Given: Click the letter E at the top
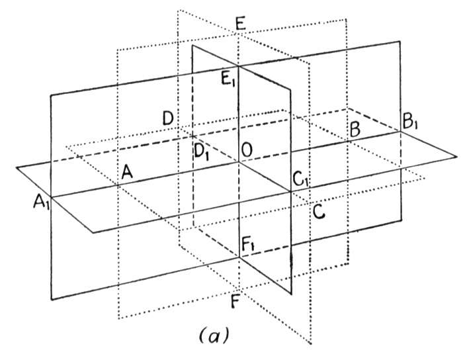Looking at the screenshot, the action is pyautogui.click(x=241, y=24).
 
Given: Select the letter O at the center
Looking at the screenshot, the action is pyautogui.click(x=247, y=150).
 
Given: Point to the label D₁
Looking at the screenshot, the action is pyautogui.click(x=201, y=152).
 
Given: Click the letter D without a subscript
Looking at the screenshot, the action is pyautogui.click(x=168, y=118).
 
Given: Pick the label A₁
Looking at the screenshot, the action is pyautogui.click(x=41, y=202).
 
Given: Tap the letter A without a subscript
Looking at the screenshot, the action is pyautogui.click(x=127, y=172).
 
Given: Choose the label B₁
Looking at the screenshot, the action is pyautogui.click(x=410, y=122).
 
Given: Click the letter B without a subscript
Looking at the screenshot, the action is pyautogui.click(x=355, y=130).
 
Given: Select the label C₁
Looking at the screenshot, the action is pyautogui.click(x=300, y=179).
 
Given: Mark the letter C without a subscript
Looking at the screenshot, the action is pyautogui.click(x=319, y=212).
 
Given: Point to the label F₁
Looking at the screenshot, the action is pyautogui.click(x=247, y=246).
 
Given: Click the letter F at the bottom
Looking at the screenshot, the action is pyautogui.click(x=235, y=302).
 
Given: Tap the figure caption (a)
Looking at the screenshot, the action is pyautogui.click(x=214, y=336).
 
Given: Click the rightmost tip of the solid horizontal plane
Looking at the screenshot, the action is pyautogui.click(x=456, y=156).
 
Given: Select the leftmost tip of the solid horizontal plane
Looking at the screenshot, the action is pyautogui.click(x=17, y=168).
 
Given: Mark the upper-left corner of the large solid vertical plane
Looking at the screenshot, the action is pyautogui.click(x=51, y=95).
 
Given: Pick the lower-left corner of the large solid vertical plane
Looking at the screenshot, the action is pyautogui.click(x=52, y=300).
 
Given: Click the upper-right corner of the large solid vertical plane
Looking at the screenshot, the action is pyautogui.click(x=401, y=40).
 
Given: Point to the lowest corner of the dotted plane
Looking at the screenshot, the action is pyautogui.click(x=311, y=344).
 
